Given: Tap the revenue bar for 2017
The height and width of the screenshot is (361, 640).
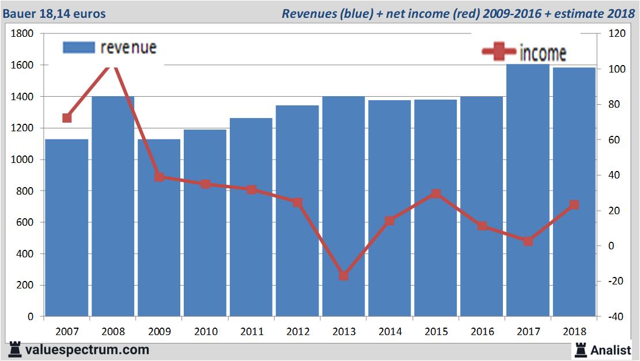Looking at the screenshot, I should [x=528, y=190].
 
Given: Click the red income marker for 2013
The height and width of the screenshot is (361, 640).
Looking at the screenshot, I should [x=344, y=276].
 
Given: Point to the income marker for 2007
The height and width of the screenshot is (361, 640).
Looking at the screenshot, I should [x=67, y=118].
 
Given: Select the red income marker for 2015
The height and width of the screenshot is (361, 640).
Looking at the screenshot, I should [x=436, y=193].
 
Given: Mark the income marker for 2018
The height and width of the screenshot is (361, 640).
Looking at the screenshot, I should [x=574, y=205].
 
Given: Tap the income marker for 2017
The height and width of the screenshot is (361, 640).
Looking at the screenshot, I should [x=528, y=241].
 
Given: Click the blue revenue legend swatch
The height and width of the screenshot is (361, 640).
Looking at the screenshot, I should [x=78, y=47].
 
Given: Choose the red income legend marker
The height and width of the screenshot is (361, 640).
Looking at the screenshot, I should [x=499, y=52].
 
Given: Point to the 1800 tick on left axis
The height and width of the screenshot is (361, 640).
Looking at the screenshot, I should [x=22, y=34].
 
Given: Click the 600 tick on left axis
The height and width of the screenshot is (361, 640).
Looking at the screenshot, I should [x=26, y=222].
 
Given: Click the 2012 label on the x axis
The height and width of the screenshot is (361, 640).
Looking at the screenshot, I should [x=298, y=332].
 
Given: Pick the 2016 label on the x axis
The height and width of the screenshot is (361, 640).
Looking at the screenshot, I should [x=482, y=332].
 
